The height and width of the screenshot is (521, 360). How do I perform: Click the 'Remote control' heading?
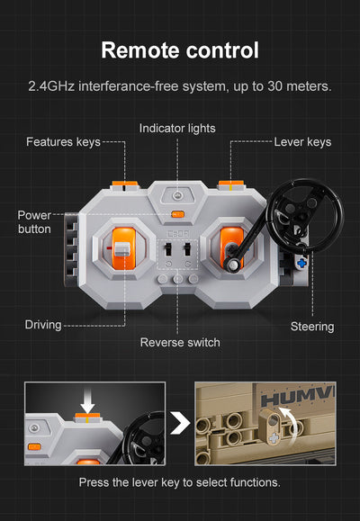click(180, 50)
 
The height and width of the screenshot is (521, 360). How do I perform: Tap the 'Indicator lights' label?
click(177, 129)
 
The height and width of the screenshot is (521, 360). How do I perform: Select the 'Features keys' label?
click(63, 142)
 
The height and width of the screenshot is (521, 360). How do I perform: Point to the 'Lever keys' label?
click(302, 142)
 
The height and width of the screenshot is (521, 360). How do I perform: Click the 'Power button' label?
click(34, 222)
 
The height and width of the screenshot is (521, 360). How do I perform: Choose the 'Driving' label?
click(43, 325)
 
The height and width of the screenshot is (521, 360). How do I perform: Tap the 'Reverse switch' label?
click(180, 342)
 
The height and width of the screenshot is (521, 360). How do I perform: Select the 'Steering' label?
click(312, 327)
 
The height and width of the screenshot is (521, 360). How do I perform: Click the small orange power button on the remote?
click(177, 214)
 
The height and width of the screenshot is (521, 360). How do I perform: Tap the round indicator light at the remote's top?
click(177, 195)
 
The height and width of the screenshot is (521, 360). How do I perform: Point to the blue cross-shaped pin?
click(301, 263)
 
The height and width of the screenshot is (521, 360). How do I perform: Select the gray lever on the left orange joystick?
click(121, 249)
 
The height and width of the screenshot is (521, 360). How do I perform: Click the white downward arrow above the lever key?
click(87, 401)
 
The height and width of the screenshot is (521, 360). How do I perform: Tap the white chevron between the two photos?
click(180, 423)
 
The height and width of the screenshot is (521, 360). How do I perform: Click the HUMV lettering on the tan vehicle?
click(298, 397)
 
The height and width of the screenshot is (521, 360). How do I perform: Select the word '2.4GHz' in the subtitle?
click(51, 86)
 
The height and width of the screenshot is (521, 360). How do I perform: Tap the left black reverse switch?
click(168, 249)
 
